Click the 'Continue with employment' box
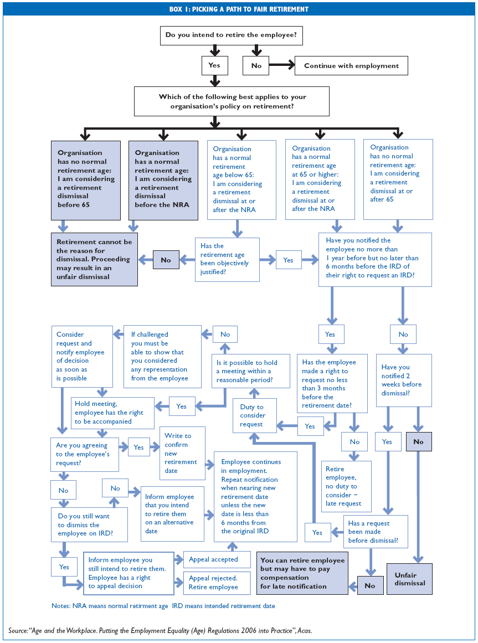[351, 66]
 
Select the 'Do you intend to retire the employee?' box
[230, 35]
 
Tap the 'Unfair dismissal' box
[410, 579]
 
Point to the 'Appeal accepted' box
[213, 559]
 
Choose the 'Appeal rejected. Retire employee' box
[213, 583]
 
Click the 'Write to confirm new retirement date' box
[182, 453]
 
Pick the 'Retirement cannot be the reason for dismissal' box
[94, 259]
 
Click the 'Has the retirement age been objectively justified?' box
[228, 259]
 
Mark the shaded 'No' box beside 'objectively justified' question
[166, 260]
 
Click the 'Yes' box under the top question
[214, 65]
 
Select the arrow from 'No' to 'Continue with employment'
[282, 65]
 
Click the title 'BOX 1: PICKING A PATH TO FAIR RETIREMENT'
[239, 9]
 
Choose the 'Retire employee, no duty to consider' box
[347, 486]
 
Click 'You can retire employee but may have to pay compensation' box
[302, 573]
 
